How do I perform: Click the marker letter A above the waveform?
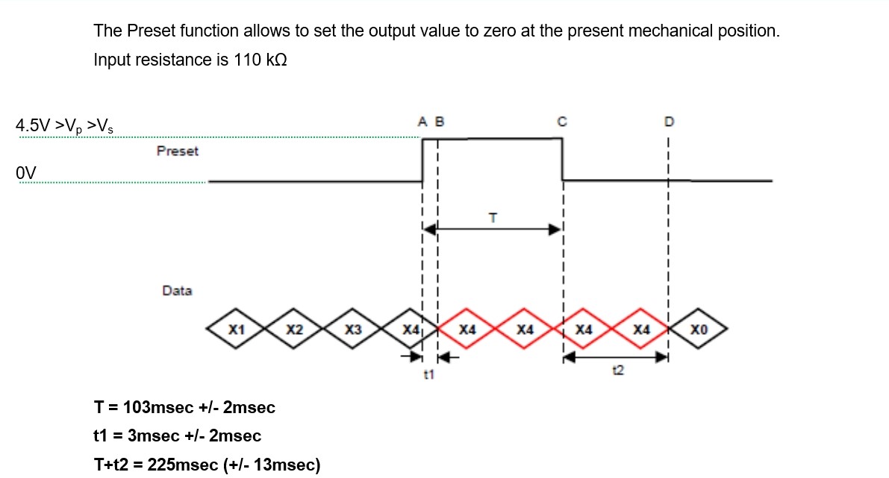(x=422, y=121)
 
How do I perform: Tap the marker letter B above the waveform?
(x=439, y=121)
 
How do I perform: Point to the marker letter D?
(x=668, y=121)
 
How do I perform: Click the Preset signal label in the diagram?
(x=178, y=151)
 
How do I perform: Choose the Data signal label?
(x=177, y=291)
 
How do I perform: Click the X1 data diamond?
(x=237, y=329)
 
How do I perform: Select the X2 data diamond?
(x=294, y=329)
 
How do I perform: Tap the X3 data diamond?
(x=352, y=329)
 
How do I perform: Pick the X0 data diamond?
(x=698, y=329)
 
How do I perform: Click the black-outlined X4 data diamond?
(x=409, y=329)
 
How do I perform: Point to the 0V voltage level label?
(x=25, y=173)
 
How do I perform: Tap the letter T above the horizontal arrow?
(x=492, y=218)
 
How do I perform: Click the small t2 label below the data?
(x=617, y=370)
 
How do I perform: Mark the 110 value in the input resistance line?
(x=247, y=60)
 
